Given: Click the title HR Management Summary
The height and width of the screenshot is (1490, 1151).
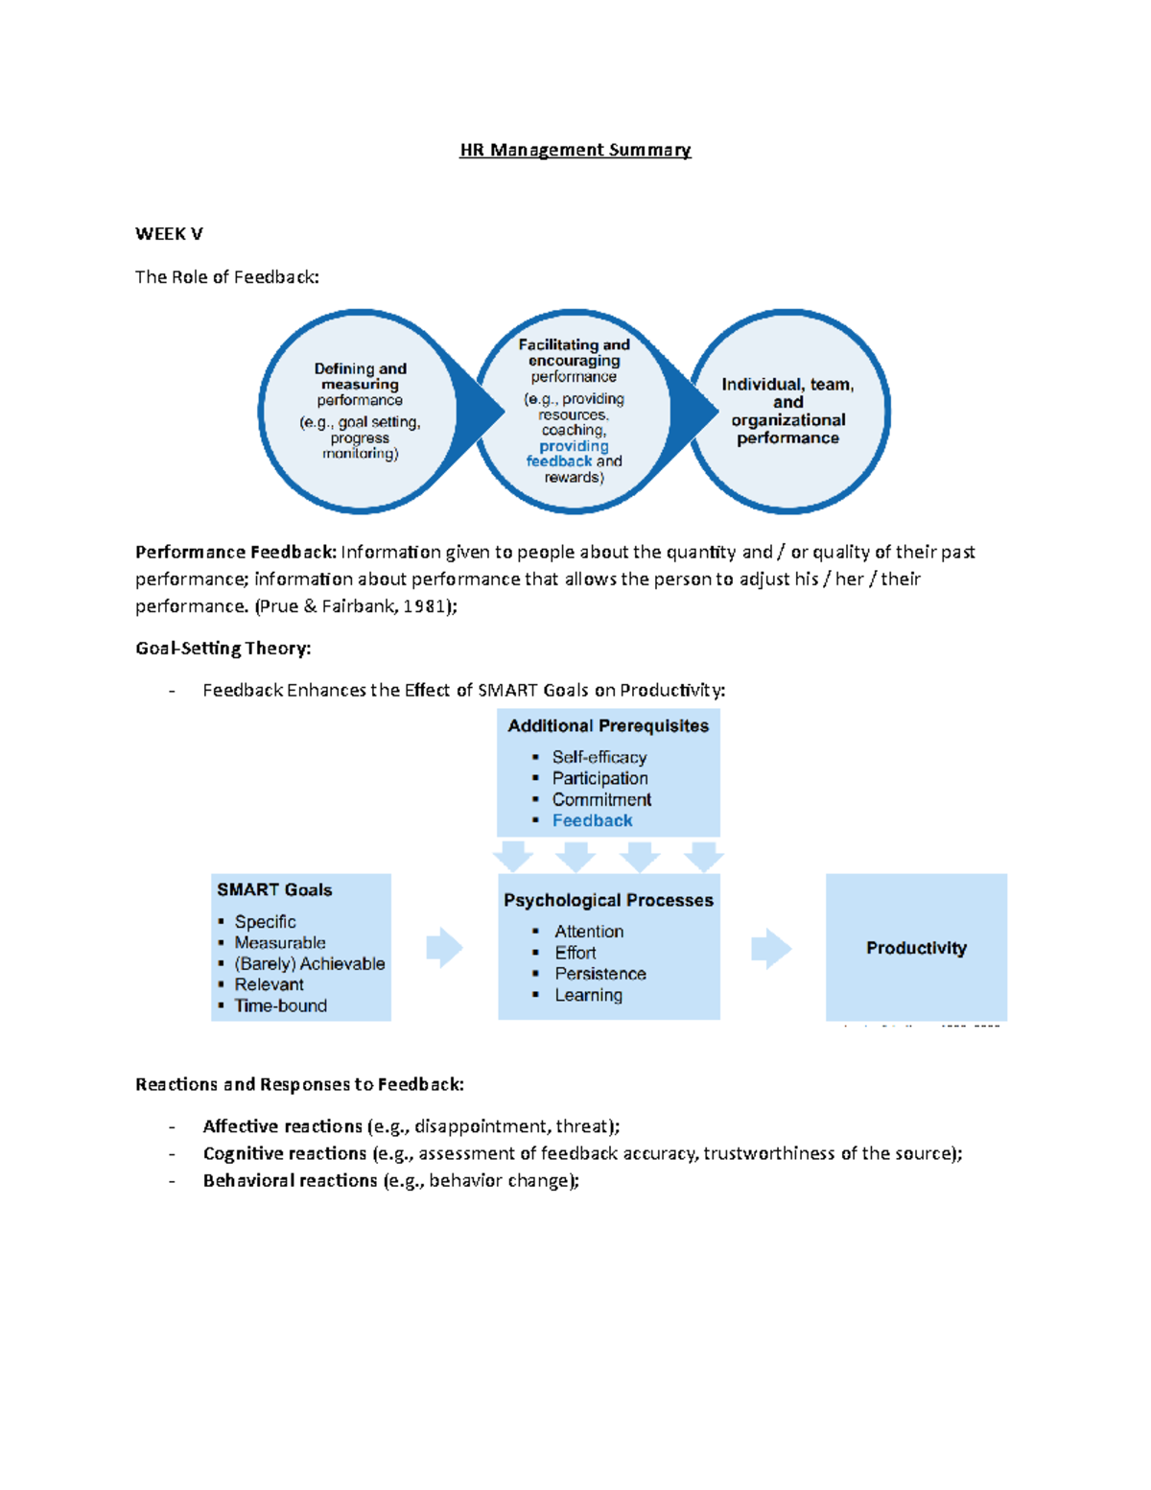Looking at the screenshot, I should tap(575, 150).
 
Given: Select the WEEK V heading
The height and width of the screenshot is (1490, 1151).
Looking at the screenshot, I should tap(169, 234).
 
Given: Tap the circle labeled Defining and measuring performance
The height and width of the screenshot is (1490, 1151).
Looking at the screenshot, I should tap(360, 410).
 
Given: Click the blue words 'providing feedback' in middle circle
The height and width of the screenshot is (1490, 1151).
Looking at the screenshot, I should tap(573, 453).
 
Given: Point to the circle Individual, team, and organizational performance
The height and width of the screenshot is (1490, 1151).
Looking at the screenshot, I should tap(787, 411).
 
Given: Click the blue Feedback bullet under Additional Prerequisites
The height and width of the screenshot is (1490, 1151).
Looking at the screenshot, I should tap(592, 820).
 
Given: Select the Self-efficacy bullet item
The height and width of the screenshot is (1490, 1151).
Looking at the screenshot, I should tap(599, 757).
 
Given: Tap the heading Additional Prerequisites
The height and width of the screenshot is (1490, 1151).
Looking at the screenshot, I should tap(608, 726).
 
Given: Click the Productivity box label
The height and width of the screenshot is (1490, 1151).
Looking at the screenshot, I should tap(916, 948).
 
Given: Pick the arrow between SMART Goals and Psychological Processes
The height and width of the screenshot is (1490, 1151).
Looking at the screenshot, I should tap(444, 948).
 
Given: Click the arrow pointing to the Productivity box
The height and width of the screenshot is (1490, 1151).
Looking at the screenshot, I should tap(771, 949).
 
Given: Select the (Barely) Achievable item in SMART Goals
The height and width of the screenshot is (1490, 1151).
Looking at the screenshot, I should tap(309, 963).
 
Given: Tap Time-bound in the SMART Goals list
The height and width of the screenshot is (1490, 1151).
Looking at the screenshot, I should tap(280, 1005).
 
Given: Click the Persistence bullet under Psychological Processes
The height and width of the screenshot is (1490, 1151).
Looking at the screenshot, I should tap(599, 974).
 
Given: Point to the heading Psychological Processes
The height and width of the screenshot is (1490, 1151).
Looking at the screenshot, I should tap(608, 900).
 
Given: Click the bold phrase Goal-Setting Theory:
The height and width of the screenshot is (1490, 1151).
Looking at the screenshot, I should tap(223, 649).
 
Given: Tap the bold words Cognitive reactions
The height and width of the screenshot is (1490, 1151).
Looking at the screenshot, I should tap(284, 1153).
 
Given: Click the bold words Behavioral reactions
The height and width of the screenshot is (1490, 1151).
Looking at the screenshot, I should tap(290, 1180).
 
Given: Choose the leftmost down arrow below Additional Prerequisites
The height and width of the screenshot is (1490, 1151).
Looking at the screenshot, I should tap(514, 855).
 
